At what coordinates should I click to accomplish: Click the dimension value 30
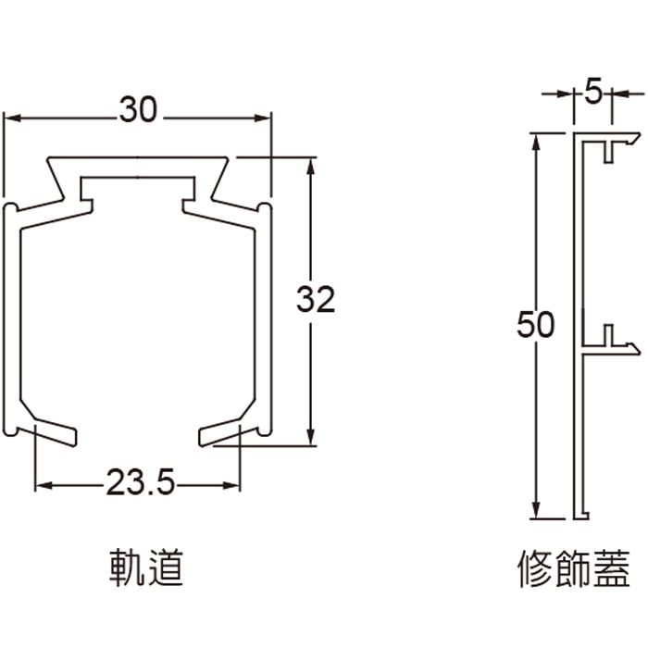tap(139, 110)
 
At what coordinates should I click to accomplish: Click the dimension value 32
tap(316, 300)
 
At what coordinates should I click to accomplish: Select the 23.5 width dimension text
tap(139, 482)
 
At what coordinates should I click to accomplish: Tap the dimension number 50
tap(536, 325)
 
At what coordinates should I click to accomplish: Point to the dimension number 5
tap(593, 93)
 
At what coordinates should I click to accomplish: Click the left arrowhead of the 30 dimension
tap(13, 117)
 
